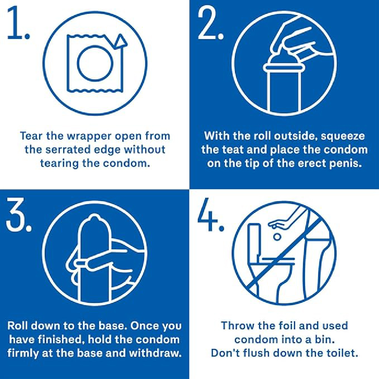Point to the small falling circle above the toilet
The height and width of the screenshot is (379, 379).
(x=276, y=236)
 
